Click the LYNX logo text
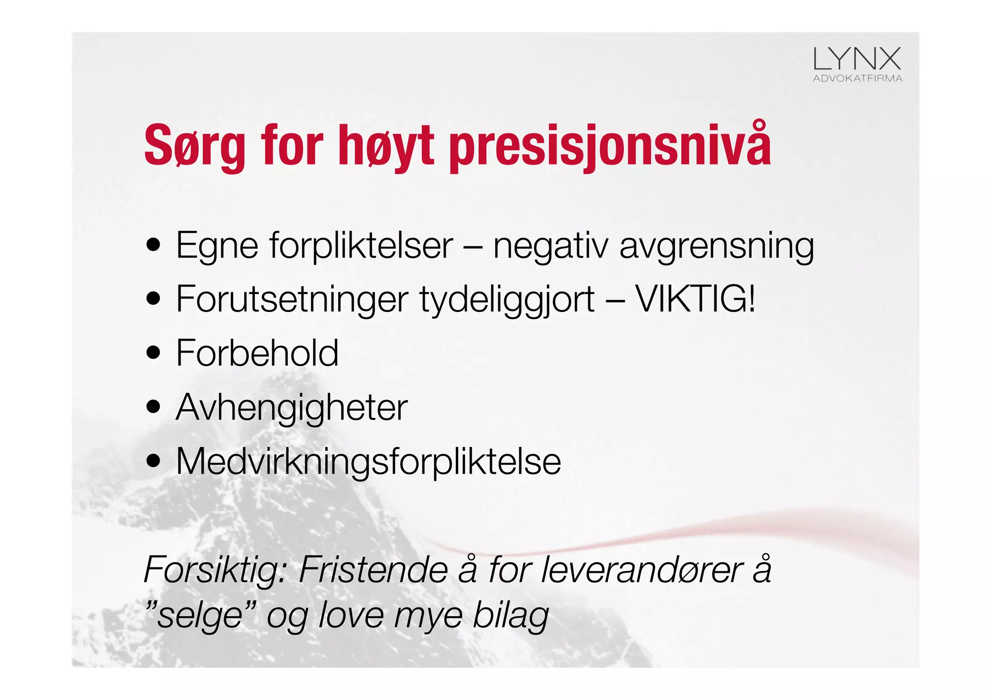click(857, 59)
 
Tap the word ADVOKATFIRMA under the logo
click(857, 78)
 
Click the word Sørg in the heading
click(194, 146)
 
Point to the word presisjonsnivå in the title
click(610, 146)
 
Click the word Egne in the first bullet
click(217, 246)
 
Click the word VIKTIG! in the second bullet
click(695, 299)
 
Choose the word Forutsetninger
click(292, 299)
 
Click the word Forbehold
click(257, 353)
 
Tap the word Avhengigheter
click(292, 408)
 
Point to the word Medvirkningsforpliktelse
click(368, 462)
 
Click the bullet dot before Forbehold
click(153, 353)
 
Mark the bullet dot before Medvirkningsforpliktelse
click(153, 461)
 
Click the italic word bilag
click(511, 615)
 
